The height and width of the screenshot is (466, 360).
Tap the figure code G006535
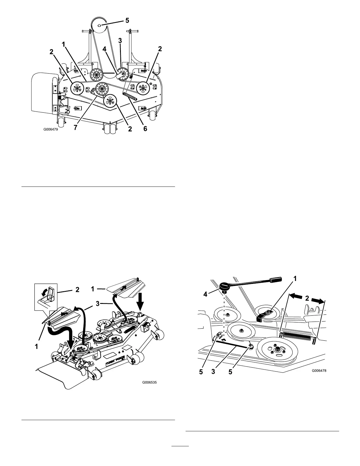coord(150,383)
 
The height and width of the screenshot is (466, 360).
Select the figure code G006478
coord(319,371)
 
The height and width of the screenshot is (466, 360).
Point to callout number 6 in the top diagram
coord(145,129)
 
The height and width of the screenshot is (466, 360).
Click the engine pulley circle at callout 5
coord(100,26)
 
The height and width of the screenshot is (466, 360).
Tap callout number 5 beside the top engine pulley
coord(127,21)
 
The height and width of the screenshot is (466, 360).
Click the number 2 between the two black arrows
coord(307,298)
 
